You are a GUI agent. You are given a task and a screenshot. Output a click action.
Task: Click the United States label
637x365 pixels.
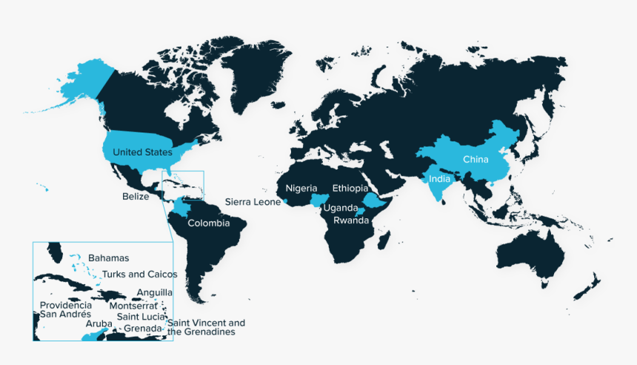(142, 153)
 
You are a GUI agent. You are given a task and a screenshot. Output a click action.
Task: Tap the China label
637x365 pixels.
(476, 159)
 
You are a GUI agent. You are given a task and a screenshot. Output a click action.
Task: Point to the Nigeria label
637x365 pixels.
(301, 188)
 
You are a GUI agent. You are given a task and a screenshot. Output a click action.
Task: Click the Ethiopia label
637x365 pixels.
(350, 188)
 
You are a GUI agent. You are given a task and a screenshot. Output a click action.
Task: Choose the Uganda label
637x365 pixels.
(340, 209)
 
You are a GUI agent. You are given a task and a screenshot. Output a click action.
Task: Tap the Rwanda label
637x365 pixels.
(351, 221)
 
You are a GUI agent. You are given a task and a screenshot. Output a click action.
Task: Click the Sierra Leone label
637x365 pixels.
(252, 201)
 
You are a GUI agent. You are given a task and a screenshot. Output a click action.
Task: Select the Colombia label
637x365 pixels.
(208, 223)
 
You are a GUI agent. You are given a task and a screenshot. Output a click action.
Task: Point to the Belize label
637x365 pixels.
(137, 197)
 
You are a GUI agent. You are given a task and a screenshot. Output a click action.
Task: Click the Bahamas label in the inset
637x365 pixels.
(108, 258)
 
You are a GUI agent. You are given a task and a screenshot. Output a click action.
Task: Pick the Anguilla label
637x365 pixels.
(155, 292)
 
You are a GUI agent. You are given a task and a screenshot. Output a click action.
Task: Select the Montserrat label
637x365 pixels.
(133, 305)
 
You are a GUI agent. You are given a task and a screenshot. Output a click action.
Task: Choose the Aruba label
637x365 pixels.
(99, 324)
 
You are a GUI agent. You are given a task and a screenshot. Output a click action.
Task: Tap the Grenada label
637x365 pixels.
(143, 328)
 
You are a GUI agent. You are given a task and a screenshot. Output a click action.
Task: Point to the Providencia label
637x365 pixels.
(66, 305)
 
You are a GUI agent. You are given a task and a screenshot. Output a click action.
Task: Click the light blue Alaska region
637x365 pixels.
(83, 78)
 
